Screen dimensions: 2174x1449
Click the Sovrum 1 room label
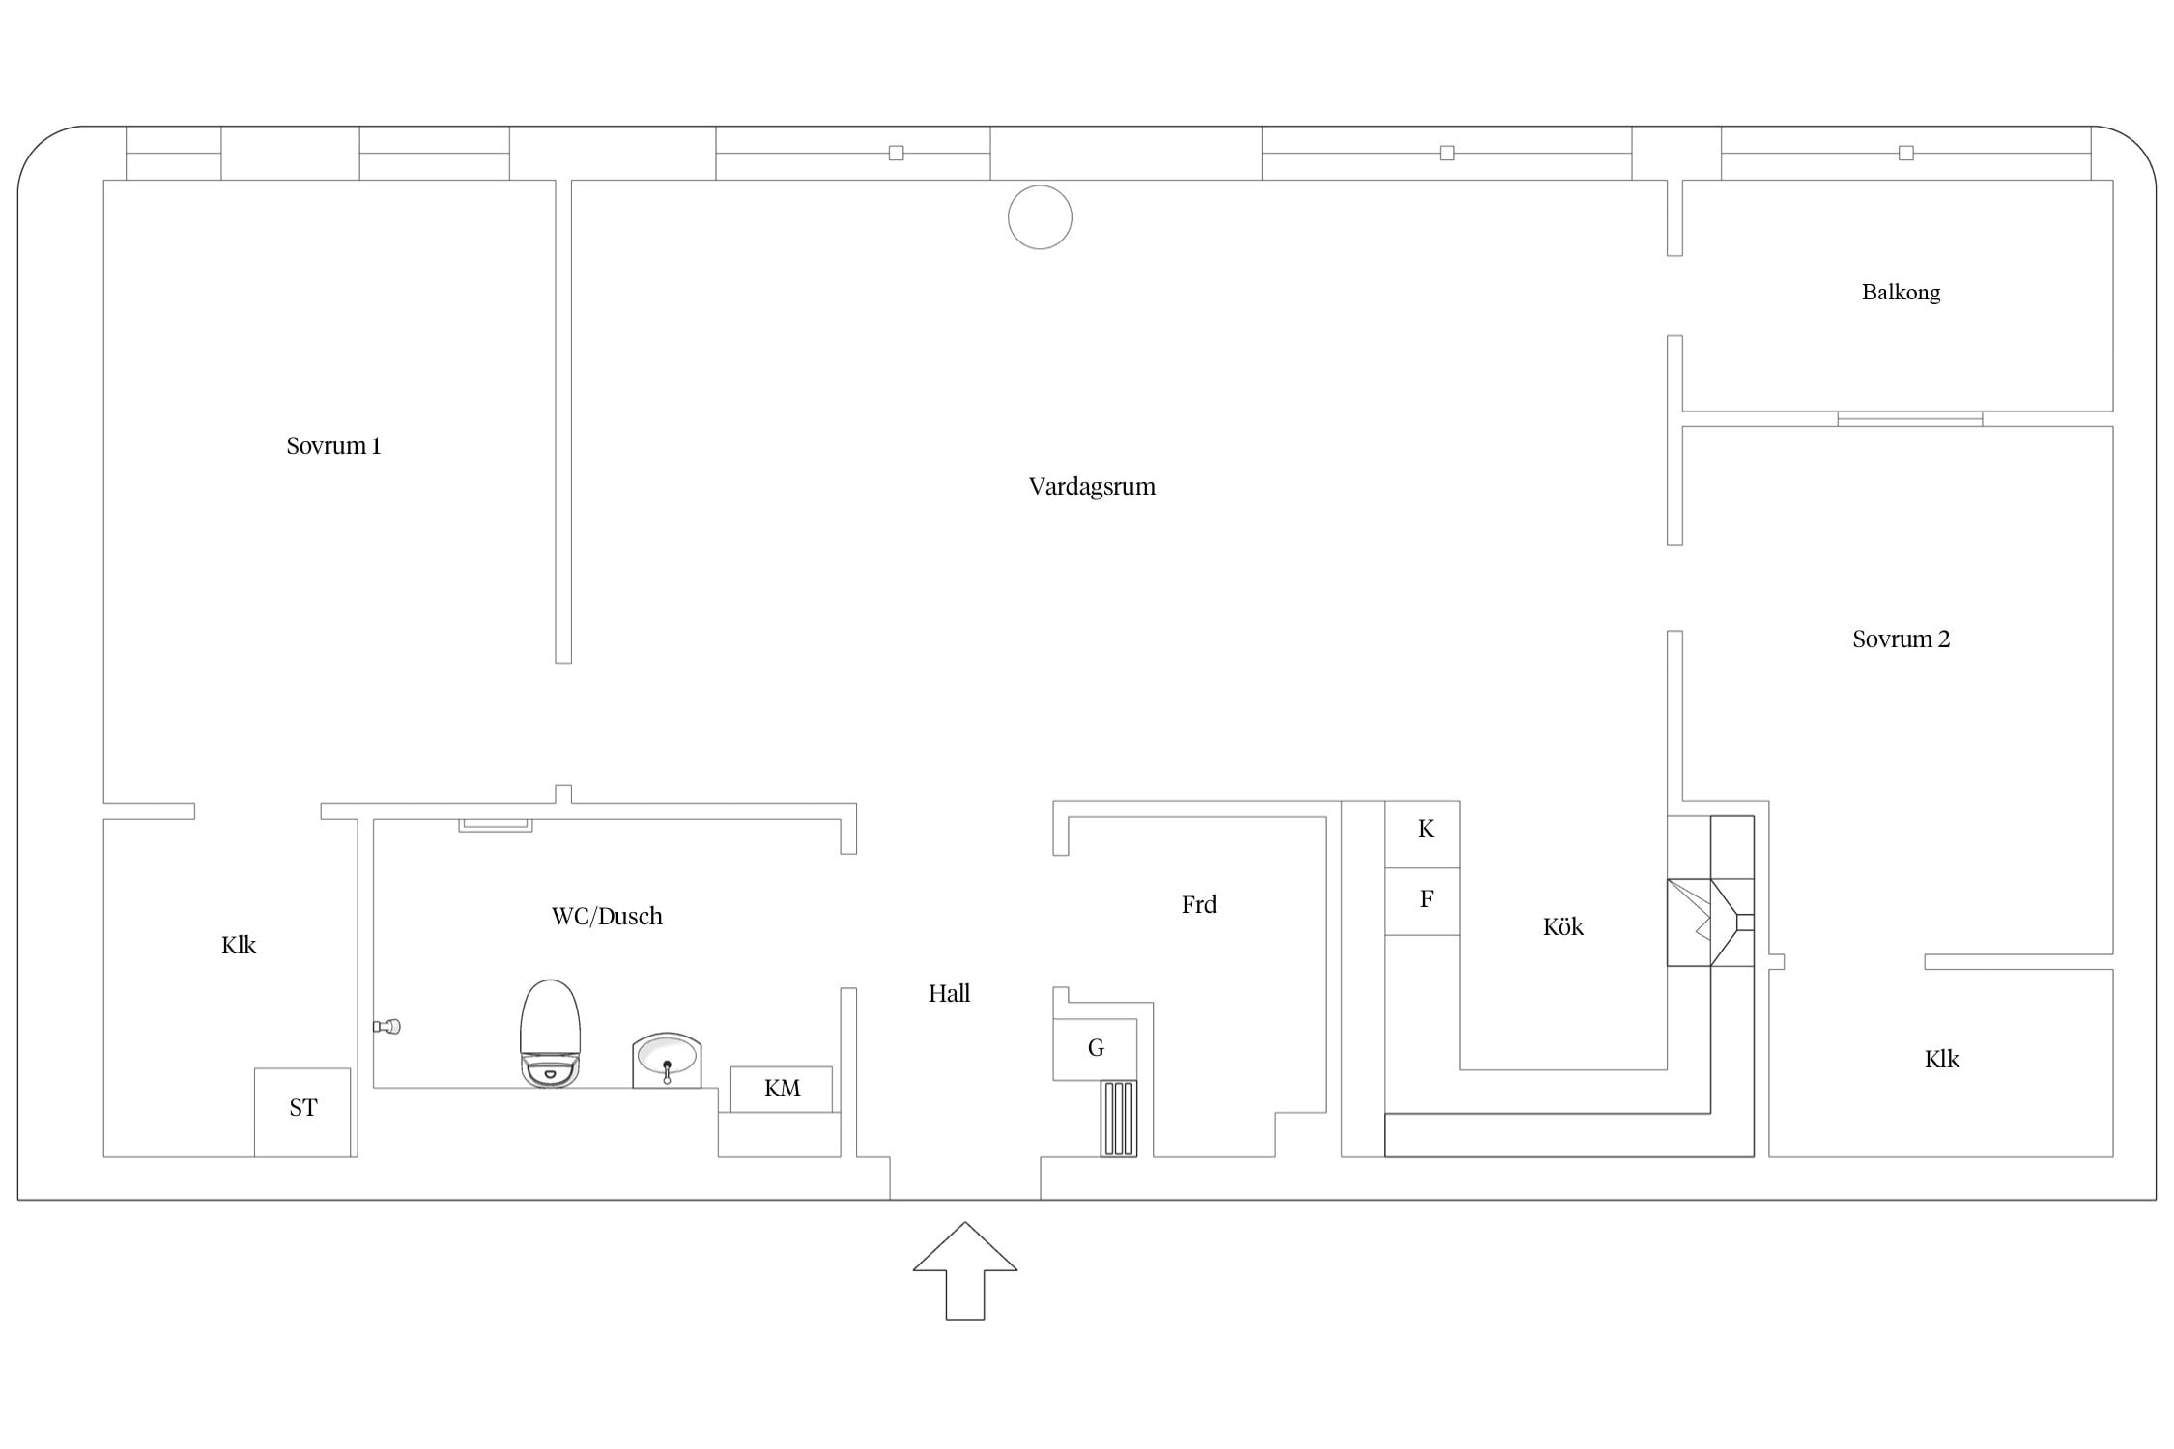point(333,446)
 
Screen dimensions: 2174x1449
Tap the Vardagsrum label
point(1092,487)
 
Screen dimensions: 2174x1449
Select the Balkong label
point(1901,293)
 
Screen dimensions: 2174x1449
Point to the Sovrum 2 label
point(1901,639)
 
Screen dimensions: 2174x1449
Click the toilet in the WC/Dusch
point(550,1034)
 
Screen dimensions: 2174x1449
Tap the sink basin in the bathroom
point(667,1060)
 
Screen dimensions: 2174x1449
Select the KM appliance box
point(781,1089)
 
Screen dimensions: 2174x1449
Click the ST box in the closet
point(302,1112)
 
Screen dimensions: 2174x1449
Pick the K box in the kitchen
point(1422,834)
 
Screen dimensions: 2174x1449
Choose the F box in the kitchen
point(1422,901)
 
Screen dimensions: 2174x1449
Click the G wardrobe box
point(1095,1049)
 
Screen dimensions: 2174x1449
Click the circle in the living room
point(1040,217)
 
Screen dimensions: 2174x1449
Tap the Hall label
point(949,993)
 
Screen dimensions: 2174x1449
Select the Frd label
point(1199,905)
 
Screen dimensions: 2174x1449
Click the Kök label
point(1563,927)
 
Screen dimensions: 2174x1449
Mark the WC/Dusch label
point(607,917)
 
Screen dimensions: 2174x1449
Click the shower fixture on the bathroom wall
point(386,1027)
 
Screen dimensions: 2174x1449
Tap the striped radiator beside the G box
point(1119,1119)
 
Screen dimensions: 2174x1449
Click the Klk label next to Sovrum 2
point(1941,1060)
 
